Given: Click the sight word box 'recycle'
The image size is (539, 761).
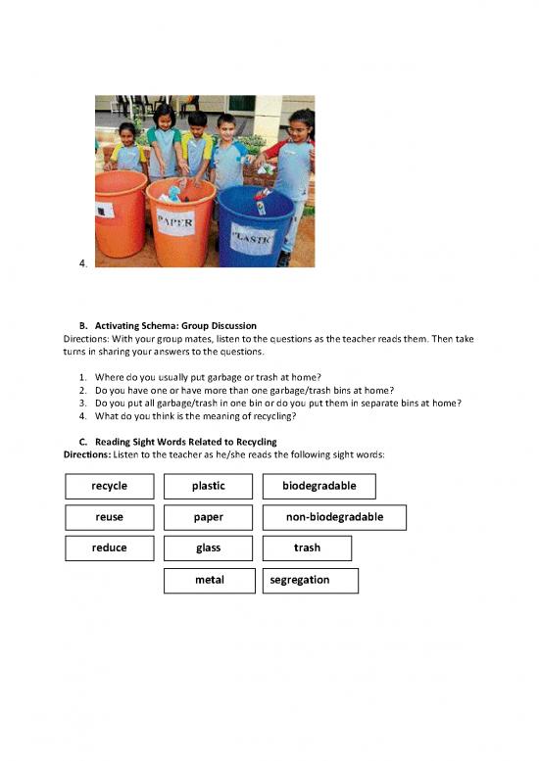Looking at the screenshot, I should point(108,486).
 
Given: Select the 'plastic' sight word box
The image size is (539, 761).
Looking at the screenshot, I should point(208,486).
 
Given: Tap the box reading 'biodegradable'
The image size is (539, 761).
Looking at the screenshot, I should point(318,486).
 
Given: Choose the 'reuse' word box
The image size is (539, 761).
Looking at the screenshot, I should point(108,517).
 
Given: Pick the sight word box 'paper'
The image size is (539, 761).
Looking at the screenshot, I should point(208,517).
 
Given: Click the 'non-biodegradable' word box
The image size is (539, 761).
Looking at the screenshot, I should point(334,517).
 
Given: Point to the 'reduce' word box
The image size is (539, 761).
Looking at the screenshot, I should point(108,548).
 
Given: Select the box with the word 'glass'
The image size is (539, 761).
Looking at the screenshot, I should point(208,548).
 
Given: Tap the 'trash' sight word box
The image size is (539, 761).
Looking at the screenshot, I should point(307,548).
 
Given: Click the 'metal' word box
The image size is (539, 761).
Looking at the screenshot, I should point(209,580).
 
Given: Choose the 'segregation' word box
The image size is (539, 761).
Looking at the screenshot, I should point(310,580).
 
